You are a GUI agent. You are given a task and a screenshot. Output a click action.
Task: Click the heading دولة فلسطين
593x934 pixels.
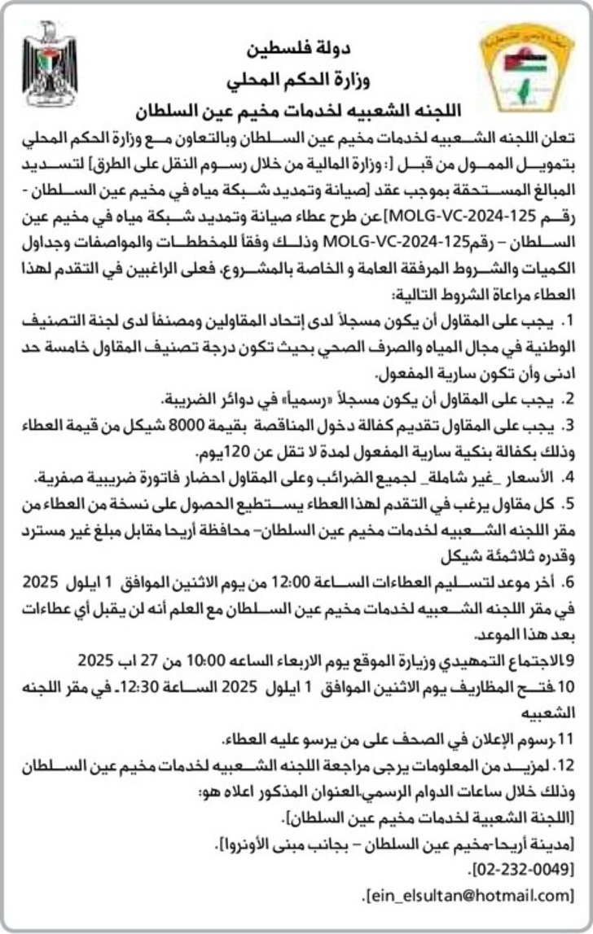[x=295, y=50]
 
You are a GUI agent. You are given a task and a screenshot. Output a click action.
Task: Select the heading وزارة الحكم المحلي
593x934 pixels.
[x=295, y=81]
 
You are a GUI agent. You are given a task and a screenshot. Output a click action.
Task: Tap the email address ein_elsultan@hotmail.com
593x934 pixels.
[x=470, y=895]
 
